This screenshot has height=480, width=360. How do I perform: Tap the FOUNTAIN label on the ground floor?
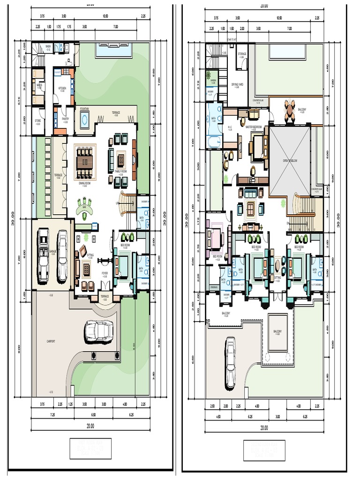84,108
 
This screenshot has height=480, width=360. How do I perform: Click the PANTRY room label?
65,119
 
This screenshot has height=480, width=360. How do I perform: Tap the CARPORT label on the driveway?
51,341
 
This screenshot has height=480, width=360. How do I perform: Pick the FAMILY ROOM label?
121,172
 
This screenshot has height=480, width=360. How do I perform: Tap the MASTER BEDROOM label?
253,127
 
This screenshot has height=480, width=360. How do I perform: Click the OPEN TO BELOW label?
290,160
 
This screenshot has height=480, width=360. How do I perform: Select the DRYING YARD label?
238,85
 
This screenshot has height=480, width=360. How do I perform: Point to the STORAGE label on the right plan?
242,54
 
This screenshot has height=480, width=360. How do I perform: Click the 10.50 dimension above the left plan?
106,16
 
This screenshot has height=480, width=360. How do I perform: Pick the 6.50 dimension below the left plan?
93,415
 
